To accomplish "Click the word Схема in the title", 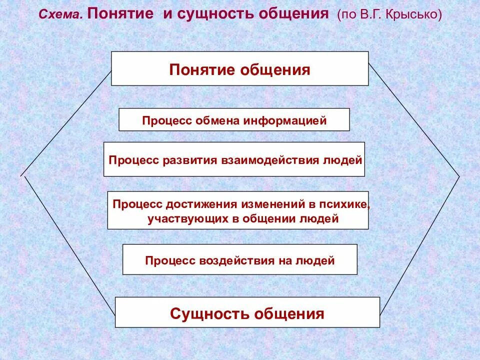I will tap(60, 15).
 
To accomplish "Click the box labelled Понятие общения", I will tap(239, 68).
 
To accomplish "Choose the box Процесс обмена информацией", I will tap(234, 120).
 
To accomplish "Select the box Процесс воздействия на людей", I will tap(239, 259).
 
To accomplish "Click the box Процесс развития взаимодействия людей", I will tap(234, 159).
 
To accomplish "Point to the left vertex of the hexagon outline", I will tap(21, 175).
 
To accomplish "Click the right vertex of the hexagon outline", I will tap(459, 176).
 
